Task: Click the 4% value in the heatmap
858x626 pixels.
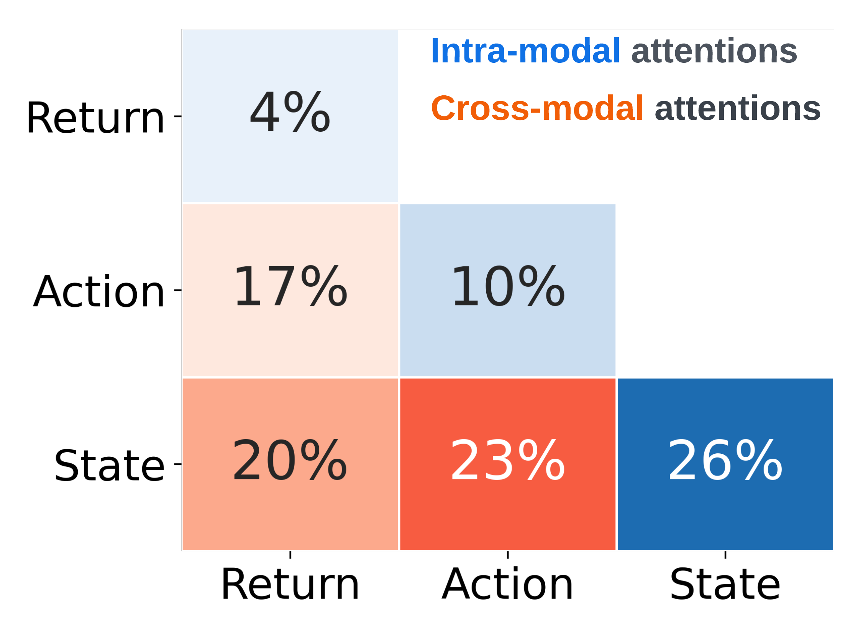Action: tap(290, 112)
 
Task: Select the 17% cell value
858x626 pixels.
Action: tap(290, 286)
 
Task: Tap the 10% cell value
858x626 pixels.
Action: tap(508, 286)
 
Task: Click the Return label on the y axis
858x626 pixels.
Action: tap(95, 118)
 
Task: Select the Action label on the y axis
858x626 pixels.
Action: tap(99, 291)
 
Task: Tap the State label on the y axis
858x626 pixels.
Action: tap(110, 465)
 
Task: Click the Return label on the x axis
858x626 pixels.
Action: tap(290, 584)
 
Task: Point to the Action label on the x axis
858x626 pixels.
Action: tap(508, 584)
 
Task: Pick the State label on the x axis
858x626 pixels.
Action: tap(725, 584)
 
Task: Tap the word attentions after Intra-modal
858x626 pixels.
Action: tap(714, 52)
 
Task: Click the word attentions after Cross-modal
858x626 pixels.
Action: tap(738, 109)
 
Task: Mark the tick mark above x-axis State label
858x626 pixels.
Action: tap(725, 555)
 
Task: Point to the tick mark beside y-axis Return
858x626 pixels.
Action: tap(178, 116)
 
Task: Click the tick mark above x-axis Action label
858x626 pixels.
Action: tap(508, 555)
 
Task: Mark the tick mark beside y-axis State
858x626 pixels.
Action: tap(178, 464)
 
